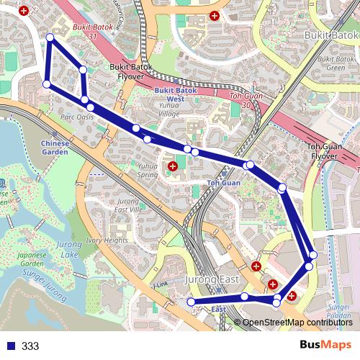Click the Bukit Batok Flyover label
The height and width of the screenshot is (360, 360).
coord(129,70)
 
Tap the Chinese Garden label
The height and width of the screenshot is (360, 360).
coord(55,148)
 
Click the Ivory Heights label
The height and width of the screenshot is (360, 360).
coord(106,240)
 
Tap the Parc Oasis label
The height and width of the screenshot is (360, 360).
coord(77,117)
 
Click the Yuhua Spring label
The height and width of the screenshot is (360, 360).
coord(147,169)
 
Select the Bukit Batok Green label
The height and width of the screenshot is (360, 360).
coord(330,63)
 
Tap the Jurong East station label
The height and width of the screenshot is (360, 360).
coord(212,279)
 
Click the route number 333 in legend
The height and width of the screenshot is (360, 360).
coord(30,346)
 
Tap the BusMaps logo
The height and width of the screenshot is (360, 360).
coord(325,345)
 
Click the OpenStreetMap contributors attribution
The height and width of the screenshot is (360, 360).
coord(297,322)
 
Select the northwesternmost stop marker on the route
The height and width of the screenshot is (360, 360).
coord(50,37)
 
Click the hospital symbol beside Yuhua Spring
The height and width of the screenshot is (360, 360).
coord(172,167)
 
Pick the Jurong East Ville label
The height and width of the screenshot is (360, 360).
coord(127,205)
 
